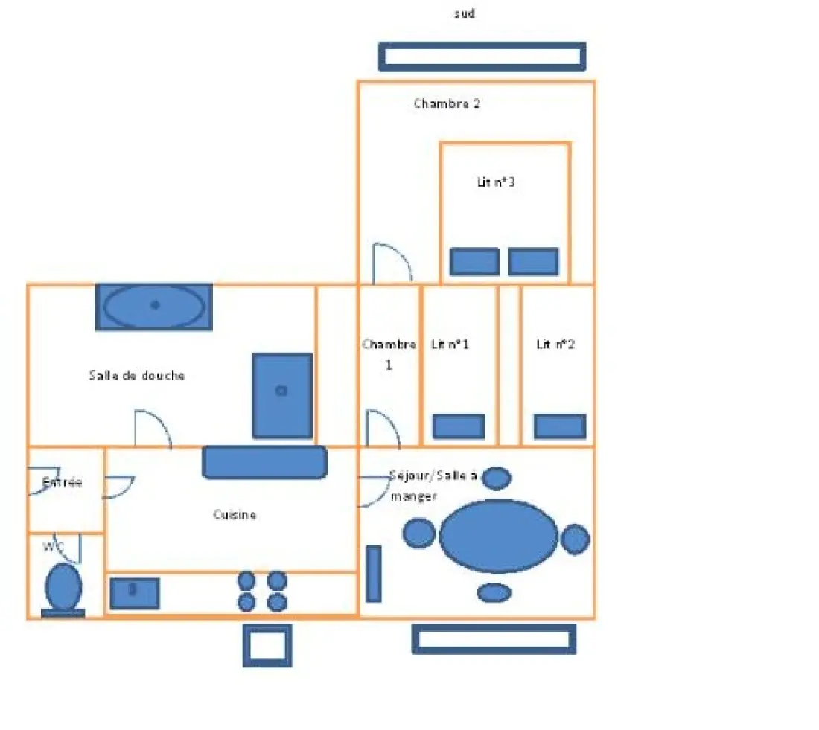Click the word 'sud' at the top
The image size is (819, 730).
(x=465, y=13)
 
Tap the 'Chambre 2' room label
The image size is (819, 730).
(x=447, y=103)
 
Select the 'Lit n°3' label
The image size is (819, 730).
(x=496, y=182)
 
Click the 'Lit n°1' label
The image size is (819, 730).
(x=450, y=344)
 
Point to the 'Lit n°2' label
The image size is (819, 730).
(x=555, y=344)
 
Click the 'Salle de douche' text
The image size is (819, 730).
(x=137, y=375)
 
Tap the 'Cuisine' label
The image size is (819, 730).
(x=235, y=515)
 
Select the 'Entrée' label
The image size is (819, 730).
(x=62, y=482)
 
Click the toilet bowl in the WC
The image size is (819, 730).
(x=63, y=587)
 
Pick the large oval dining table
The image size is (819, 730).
(x=499, y=537)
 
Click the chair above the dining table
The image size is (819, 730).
(x=497, y=478)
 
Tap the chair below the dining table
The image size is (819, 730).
(x=494, y=592)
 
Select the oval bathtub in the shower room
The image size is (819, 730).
(x=154, y=307)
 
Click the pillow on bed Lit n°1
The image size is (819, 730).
(x=459, y=426)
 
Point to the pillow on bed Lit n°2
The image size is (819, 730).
(x=560, y=426)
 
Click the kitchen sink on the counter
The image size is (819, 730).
(x=135, y=593)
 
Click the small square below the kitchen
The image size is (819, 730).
(x=267, y=646)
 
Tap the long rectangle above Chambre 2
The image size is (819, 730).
(x=482, y=57)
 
